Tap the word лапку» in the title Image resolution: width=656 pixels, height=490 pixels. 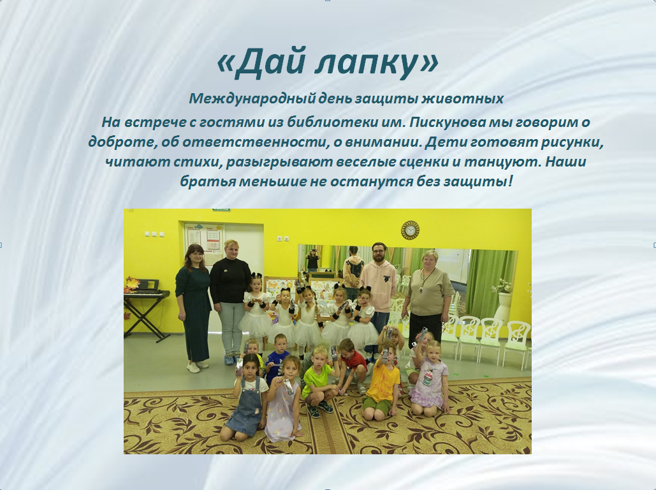coord(377,64)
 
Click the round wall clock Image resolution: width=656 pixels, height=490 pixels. coord(410,230)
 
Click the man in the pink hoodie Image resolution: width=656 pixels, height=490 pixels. coord(378,287)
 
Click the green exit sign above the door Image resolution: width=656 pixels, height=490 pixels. coord(221,209)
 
